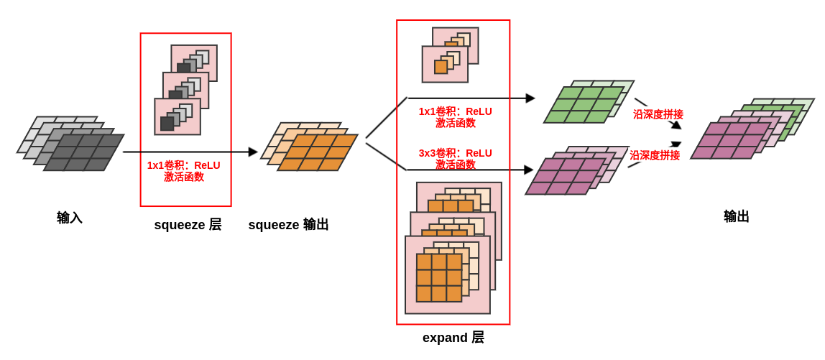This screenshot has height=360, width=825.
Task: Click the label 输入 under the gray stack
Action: click(x=70, y=218)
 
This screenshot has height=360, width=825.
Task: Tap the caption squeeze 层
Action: click(x=188, y=225)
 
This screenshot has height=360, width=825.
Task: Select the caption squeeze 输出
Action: click(x=288, y=225)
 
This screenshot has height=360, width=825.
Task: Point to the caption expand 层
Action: click(x=453, y=338)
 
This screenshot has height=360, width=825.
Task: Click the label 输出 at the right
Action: click(x=737, y=216)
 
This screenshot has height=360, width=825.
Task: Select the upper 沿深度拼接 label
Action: click(x=658, y=114)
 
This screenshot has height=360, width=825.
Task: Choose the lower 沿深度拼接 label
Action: click(x=655, y=155)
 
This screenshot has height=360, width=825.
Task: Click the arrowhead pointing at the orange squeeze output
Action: click(x=253, y=152)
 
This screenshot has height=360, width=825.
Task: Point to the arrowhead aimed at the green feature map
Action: click(x=530, y=98)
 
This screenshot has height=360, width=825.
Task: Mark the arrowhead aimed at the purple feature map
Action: click(x=529, y=170)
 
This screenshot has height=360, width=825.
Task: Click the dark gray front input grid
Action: click(x=83, y=152)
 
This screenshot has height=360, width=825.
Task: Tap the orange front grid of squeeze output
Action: click(x=317, y=152)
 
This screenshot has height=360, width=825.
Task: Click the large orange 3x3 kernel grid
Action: click(x=439, y=277)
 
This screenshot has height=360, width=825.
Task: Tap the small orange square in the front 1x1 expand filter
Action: click(x=441, y=67)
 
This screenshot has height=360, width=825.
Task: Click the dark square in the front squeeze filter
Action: click(x=167, y=124)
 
